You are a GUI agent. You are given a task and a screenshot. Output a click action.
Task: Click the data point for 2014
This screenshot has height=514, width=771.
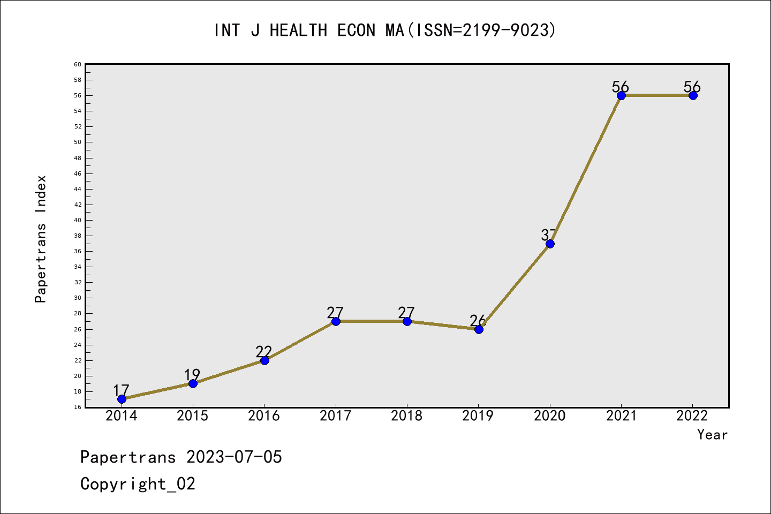122,399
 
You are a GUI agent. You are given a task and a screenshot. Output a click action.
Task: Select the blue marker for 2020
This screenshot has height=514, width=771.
550,244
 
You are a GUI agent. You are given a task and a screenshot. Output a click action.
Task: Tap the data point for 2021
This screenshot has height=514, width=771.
621,95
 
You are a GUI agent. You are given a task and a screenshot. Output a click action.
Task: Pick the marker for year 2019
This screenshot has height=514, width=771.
479,329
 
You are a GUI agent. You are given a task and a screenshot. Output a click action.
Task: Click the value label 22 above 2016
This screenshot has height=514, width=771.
264,352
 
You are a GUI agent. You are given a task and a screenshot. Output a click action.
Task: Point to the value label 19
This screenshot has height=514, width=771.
192,375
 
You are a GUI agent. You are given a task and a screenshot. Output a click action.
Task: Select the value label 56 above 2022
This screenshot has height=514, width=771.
692,87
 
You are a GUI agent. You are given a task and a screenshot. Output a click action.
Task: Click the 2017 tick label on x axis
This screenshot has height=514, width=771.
335,416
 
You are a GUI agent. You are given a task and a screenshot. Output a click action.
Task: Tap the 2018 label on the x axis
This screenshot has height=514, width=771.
407,416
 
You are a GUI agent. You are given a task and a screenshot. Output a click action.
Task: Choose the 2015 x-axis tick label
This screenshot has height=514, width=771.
192,416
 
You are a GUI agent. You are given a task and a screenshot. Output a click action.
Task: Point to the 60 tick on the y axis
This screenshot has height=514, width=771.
78,64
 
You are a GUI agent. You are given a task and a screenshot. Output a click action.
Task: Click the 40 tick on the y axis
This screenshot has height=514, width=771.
78,220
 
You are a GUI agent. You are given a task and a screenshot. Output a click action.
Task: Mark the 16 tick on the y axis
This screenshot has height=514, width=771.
78,407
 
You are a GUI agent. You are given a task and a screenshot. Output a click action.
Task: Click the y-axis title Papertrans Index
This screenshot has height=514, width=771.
41,239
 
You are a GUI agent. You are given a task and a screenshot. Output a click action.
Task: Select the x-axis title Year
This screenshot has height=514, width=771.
712,435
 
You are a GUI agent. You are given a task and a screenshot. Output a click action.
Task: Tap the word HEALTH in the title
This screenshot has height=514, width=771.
298,31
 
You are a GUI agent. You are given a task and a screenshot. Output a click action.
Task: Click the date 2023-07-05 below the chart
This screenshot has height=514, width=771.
234,457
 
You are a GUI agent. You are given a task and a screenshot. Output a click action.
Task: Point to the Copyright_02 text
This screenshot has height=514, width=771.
138,484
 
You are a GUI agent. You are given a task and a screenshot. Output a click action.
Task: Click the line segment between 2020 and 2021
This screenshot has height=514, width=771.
586,169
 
